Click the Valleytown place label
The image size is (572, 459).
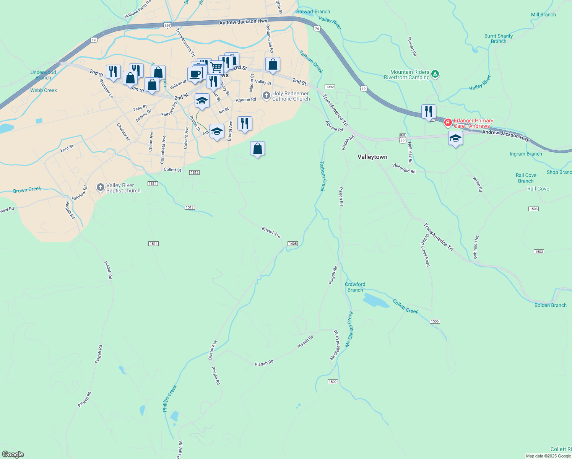[x=372, y=157]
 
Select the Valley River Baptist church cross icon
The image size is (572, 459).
[x=100, y=187]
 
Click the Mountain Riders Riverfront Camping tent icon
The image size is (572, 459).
[x=435, y=74]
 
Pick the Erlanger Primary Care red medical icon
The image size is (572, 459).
[x=448, y=123]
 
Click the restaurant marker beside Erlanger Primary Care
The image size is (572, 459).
[x=429, y=112]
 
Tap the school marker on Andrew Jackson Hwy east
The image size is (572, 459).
[x=455, y=138]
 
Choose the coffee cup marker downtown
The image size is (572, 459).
[x=195, y=74]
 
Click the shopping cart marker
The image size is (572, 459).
[x=216, y=67]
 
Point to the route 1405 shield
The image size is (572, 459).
[x=292, y=244]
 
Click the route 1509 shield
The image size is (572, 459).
[x=333, y=382]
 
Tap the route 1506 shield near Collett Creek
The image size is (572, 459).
[x=434, y=321]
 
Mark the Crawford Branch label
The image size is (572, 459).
[x=355, y=287]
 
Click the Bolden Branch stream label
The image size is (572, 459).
[x=550, y=305]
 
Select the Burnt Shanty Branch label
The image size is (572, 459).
[x=498, y=39]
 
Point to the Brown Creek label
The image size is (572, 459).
[x=27, y=190]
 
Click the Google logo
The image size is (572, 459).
[x=13, y=454]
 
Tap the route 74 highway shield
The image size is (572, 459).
[x=317, y=29]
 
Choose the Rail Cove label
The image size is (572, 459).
[x=538, y=189]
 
